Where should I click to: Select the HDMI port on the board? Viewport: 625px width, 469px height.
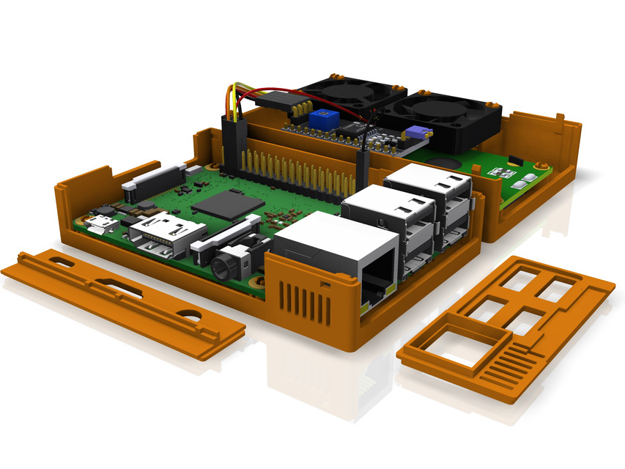coord(162,235)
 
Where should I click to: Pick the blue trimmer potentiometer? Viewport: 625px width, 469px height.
coord(322,119)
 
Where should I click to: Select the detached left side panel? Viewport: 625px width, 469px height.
coord(121,300)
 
